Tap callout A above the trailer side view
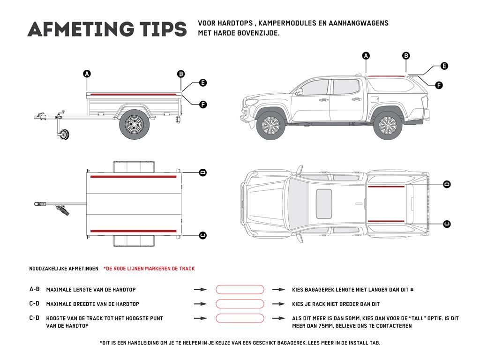coord(87,74)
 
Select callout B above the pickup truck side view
coord(406,56)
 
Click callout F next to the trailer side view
coord(203,105)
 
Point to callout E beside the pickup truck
coord(444,66)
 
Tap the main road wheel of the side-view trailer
coord(135,125)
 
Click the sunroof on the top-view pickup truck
coord(324,203)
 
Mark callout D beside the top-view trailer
coord(203,172)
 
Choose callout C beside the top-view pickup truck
coord(447,224)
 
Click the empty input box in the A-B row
coord(240,290)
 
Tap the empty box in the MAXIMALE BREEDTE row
coord(240,304)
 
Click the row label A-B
coord(35,290)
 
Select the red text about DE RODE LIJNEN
coord(149,269)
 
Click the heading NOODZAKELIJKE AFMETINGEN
coord(64,269)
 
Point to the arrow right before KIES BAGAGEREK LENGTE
coord(279,290)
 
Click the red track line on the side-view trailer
coord(134,94)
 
